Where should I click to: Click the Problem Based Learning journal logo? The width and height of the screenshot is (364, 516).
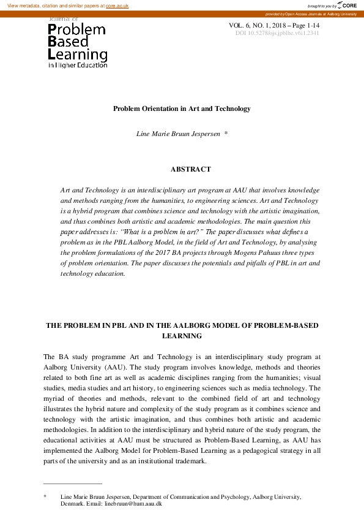click(x=77, y=43)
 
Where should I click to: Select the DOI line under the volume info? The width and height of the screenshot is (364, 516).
click(x=277, y=33)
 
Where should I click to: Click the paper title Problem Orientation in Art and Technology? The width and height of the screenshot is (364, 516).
click(x=182, y=108)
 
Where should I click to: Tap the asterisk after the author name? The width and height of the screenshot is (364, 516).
click(x=226, y=133)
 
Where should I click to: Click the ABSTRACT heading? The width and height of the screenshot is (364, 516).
click(x=190, y=169)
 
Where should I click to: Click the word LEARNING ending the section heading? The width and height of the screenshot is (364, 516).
click(x=182, y=336)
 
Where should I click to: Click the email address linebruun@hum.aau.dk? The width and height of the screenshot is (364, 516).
click(x=133, y=503)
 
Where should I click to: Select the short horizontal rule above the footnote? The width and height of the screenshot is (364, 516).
click(x=72, y=484)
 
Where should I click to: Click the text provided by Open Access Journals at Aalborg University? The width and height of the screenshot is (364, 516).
click(x=311, y=13)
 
